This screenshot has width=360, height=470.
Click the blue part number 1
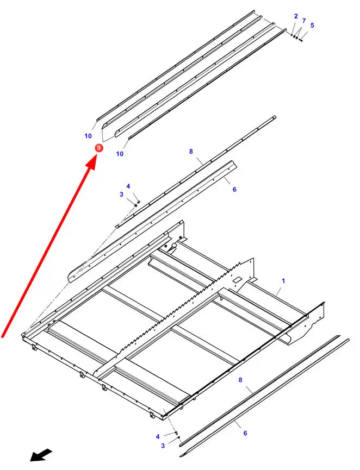tap(283, 281)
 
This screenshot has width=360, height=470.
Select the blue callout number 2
tap(296, 16)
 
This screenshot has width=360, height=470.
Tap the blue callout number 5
tap(312, 25)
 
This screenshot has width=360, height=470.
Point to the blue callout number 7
tap(304, 21)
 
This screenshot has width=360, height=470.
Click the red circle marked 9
tap(98, 148)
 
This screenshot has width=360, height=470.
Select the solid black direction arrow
tap(41, 455)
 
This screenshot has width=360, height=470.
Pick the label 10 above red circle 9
tap(88, 136)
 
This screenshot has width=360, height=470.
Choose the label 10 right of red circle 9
tap(120, 154)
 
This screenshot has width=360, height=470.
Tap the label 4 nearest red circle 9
tap(128, 186)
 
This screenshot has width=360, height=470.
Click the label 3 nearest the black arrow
tap(163, 446)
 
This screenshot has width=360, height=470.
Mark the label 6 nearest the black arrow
tap(245, 433)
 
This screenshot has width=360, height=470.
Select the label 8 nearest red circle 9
tap(191, 152)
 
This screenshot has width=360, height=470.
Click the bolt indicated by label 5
tap(301, 40)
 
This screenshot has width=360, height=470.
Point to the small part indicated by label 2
tap(291, 35)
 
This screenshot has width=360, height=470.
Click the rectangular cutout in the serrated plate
tap(237, 279)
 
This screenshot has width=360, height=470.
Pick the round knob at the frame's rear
tap(173, 246)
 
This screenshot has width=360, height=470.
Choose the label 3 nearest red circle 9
tap(121, 194)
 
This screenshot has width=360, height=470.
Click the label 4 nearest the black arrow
tap(158, 436)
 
